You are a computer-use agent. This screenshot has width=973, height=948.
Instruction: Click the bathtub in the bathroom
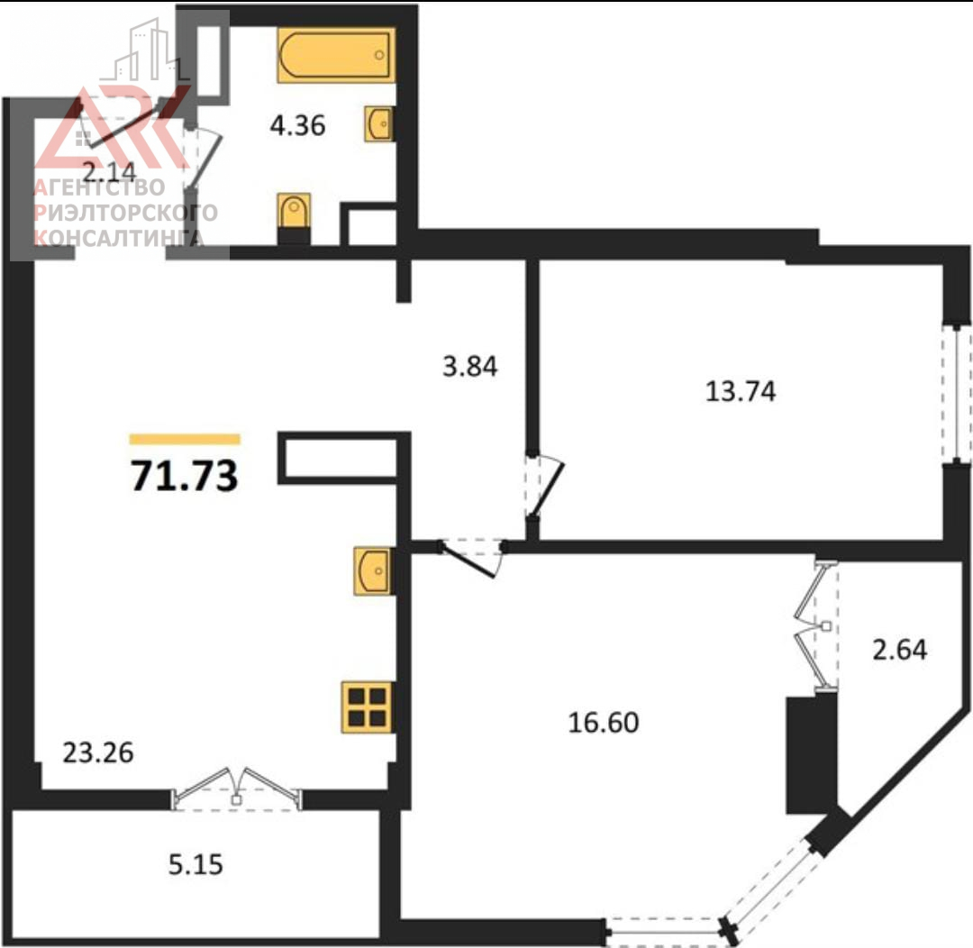(336, 55)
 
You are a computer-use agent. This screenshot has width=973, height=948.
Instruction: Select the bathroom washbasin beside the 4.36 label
(378, 123)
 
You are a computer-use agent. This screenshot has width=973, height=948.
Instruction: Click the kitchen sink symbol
(373, 571)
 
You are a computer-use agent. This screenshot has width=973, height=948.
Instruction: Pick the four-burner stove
(368, 707)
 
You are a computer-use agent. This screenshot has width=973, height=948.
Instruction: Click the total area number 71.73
(185, 476)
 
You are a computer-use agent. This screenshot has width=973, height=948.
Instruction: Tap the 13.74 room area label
(741, 392)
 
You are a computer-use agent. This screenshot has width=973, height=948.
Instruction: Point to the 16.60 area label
(603, 723)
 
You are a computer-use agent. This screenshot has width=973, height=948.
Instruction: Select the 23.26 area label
(98, 752)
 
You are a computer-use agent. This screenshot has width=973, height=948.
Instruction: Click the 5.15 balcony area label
(196, 864)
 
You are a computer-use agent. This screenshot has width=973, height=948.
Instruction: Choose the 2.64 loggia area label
(900, 650)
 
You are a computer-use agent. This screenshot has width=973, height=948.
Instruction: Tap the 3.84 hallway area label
(469, 366)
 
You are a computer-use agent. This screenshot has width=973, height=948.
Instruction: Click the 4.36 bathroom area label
(297, 125)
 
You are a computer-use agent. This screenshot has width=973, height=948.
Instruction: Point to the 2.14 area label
(109, 170)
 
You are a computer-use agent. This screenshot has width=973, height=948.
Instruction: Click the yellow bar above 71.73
(185, 440)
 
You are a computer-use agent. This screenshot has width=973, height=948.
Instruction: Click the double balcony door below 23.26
(236, 788)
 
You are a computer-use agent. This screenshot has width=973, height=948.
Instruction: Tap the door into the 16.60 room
(471, 557)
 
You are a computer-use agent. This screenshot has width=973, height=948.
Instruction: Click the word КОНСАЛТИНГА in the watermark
(119, 237)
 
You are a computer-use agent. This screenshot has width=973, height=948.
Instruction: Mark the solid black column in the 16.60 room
(812, 755)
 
